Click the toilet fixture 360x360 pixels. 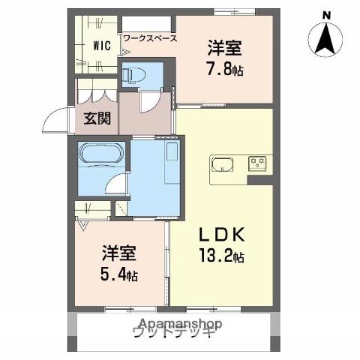click(134, 74)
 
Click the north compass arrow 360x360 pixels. click(325, 37)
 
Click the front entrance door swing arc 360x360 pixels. click(55, 118)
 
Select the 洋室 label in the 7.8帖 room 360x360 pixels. click(226, 47)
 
